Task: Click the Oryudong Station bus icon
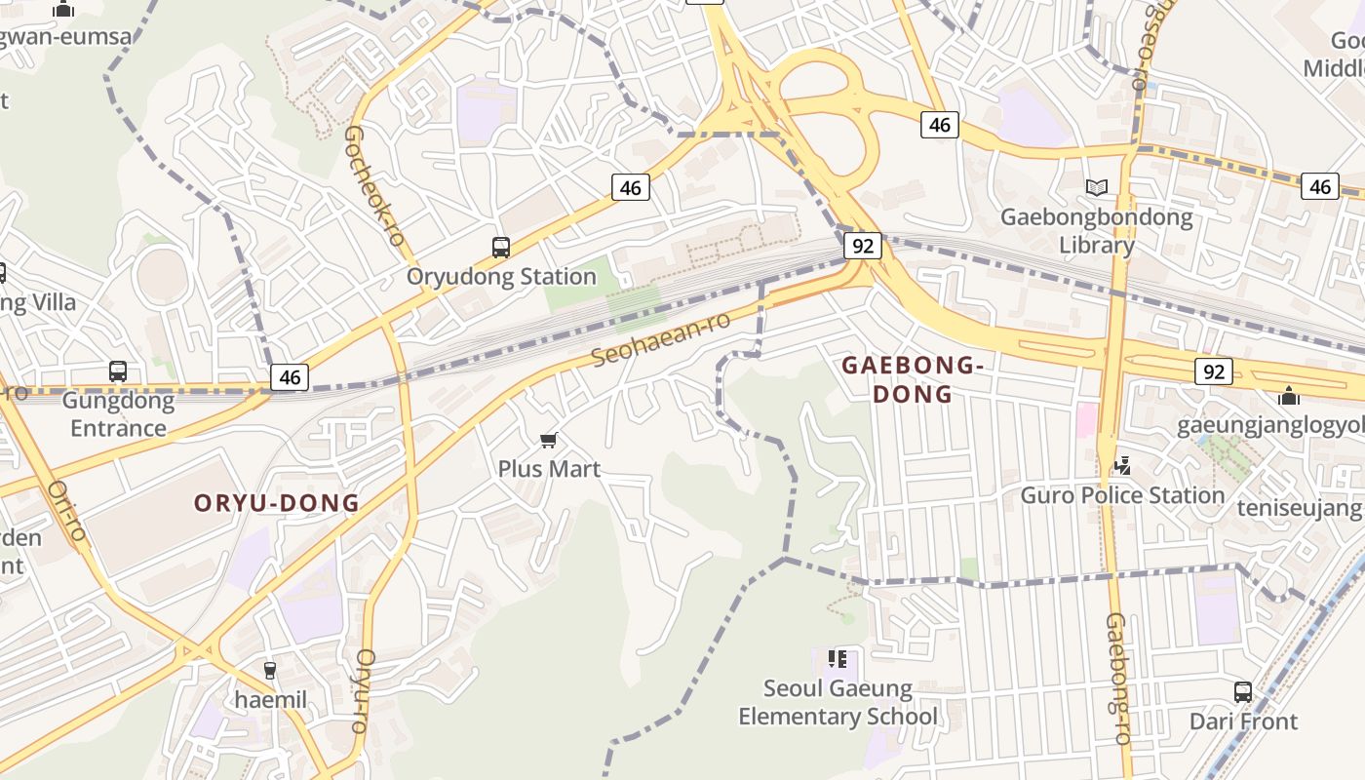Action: [x=500, y=248]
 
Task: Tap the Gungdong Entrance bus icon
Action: [x=118, y=371]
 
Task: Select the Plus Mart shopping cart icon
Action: [x=549, y=441]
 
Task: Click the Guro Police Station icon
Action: [x=1122, y=466]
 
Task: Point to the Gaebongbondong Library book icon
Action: [x=1097, y=187]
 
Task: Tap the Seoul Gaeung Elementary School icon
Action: [x=837, y=660]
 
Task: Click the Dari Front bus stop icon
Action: [x=1243, y=692]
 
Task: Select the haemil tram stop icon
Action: [x=270, y=671]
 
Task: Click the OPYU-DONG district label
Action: [x=277, y=503]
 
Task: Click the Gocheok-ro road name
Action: [x=373, y=185]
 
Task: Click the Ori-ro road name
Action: [x=67, y=510]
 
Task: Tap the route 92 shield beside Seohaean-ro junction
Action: [x=863, y=246]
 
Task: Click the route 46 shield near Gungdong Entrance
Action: [x=290, y=377]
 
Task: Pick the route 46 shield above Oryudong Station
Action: [x=631, y=187]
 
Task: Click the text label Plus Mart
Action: [x=549, y=469]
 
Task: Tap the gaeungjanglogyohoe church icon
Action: [x=1289, y=397]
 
